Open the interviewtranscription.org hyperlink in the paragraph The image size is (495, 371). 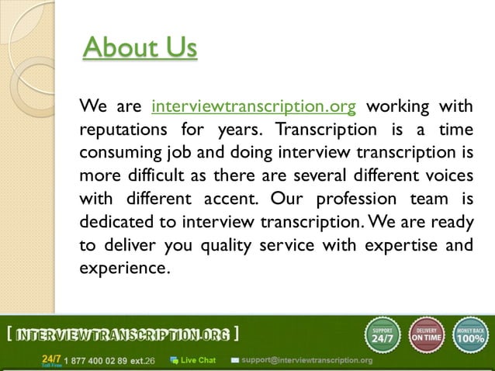(x=254, y=106)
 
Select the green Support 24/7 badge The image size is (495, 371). (x=382, y=335)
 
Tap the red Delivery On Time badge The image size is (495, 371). (x=426, y=335)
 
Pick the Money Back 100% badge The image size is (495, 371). (x=471, y=335)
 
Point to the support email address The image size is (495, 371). (x=306, y=360)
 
